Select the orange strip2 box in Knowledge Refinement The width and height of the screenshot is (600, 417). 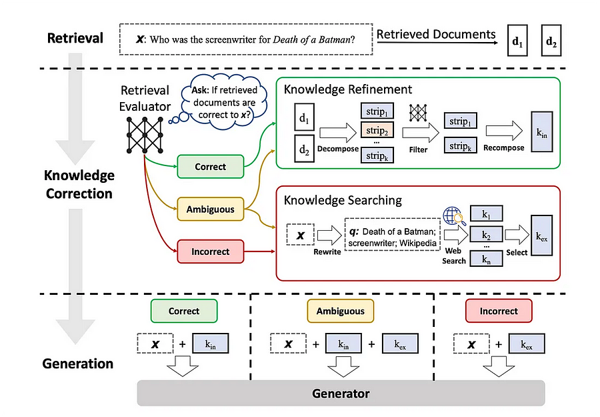pos(377,131)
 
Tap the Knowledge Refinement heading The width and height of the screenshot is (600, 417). pos(348,89)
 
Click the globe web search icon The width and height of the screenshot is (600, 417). pos(453,216)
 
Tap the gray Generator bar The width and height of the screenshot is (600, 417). pos(341,393)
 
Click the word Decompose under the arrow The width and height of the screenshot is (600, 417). pos(338,149)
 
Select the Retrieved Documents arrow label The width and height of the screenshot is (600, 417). pos(435,34)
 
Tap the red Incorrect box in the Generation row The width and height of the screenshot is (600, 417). pos(499,311)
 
